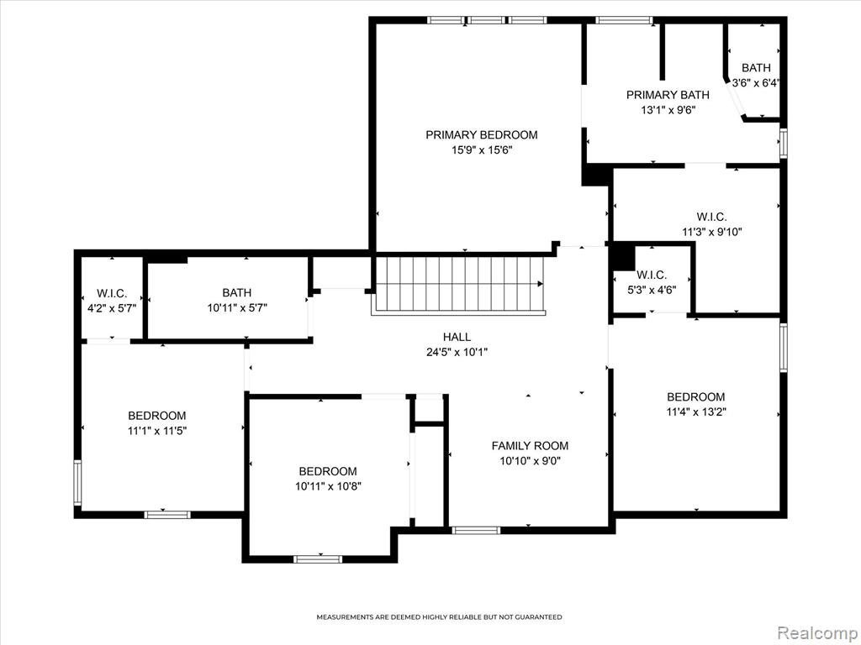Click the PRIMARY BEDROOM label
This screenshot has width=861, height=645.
(x=482, y=135)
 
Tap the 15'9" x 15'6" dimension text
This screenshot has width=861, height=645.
(x=482, y=150)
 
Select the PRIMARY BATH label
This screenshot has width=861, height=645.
(x=668, y=95)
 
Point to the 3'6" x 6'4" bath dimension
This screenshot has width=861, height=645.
(x=756, y=83)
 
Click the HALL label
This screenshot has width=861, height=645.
(x=457, y=337)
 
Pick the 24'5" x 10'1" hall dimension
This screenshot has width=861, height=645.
(x=457, y=352)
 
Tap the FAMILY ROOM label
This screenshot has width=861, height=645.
(x=530, y=446)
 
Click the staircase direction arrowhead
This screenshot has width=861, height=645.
(x=541, y=284)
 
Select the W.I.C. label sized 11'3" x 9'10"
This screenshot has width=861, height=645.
(x=711, y=217)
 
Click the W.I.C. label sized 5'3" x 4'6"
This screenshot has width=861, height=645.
(x=652, y=275)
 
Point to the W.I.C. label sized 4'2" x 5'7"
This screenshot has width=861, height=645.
(x=112, y=293)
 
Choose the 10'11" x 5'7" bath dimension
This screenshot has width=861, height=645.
(x=237, y=308)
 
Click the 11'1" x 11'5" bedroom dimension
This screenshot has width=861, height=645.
(x=157, y=431)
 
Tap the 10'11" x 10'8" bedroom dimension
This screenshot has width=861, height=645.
(x=328, y=486)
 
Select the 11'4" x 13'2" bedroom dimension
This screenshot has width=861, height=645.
(x=696, y=412)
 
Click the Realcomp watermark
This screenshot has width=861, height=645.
(x=817, y=633)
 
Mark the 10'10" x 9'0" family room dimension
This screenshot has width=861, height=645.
(x=530, y=461)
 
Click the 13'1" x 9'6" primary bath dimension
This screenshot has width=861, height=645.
(x=668, y=110)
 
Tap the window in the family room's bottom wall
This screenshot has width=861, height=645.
(x=476, y=531)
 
